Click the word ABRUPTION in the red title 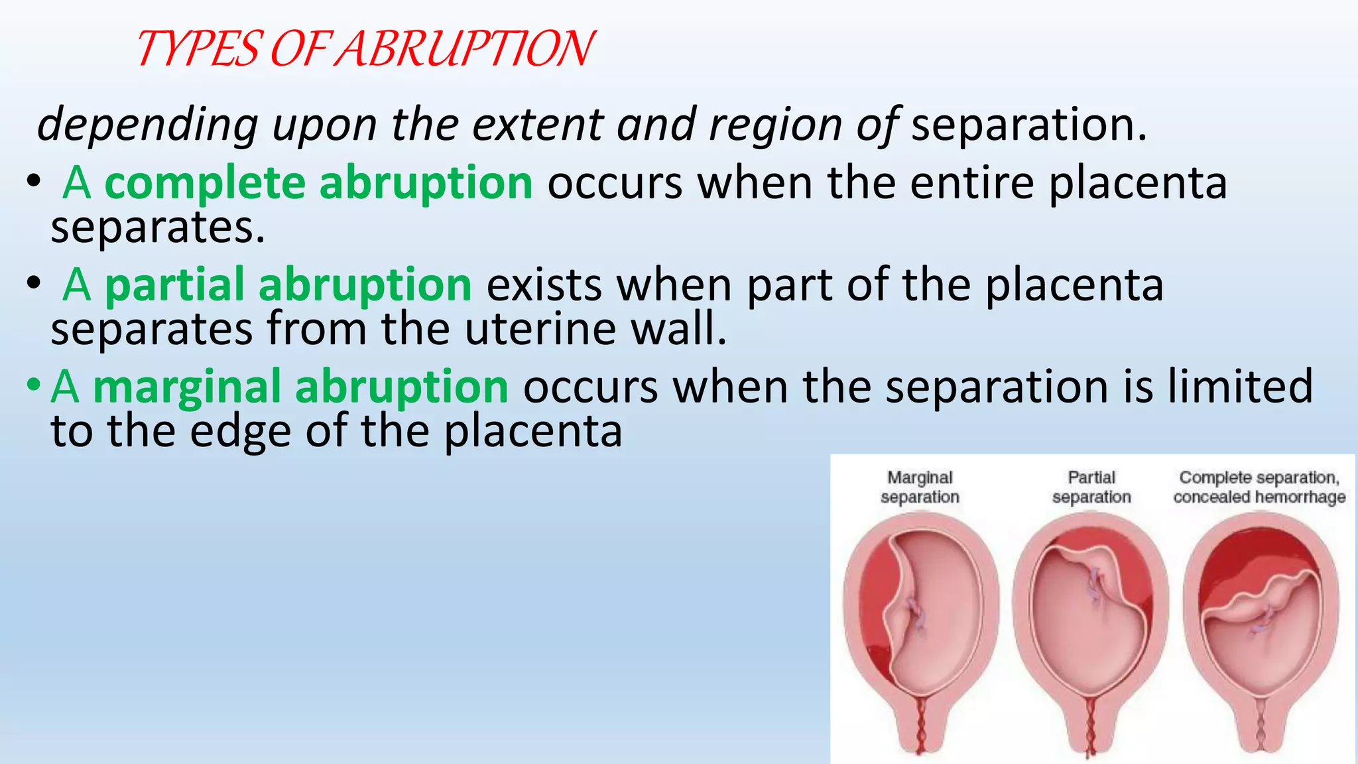(464, 50)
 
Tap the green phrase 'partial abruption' (288, 285)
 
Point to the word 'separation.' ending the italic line (1028, 125)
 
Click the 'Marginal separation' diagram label (920, 487)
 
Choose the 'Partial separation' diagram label (1091, 487)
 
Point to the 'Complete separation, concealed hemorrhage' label (1259, 487)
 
